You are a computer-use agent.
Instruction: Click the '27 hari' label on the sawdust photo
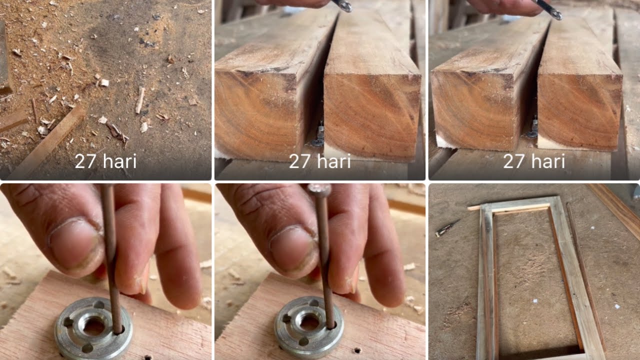click(105, 161)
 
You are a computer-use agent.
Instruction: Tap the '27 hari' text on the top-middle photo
click(319, 161)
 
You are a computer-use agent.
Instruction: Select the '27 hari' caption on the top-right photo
click(533, 161)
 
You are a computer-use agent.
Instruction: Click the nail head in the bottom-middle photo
click(319, 190)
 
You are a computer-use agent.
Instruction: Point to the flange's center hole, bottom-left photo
click(93, 326)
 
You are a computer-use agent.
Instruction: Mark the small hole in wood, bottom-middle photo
click(357, 350)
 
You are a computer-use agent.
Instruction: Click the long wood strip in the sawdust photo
click(47, 142)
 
